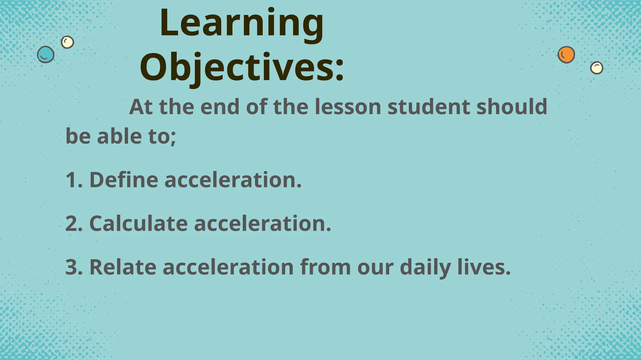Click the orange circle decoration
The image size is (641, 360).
pyautogui.click(x=566, y=55)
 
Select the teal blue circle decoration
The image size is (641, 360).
pyautogui.click(x=46, y=55)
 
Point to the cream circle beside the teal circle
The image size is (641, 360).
pyautogui.click(x=67, y=42)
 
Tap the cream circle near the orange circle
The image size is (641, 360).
pyautogui.click(x=597, y=68)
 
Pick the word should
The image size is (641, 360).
pyautogui.click(x=512, y=107)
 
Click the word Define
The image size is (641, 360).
pyautogui.click(x=124, y=180)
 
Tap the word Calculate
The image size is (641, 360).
pyautogui.click(x=138, y=224)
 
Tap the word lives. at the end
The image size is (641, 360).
pyautogui.click(x=484, y=267)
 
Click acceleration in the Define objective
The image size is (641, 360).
pyautogui.click(x=233, y=180)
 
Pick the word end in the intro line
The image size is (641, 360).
pyautogui.click(x=220, y=107)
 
